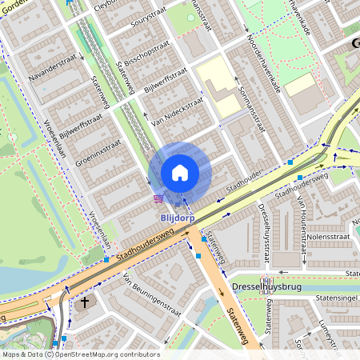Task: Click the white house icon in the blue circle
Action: point(180,172)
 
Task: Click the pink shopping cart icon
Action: point(158,198)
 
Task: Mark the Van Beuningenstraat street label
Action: point(153,297)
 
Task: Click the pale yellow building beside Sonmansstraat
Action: point(218,88)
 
